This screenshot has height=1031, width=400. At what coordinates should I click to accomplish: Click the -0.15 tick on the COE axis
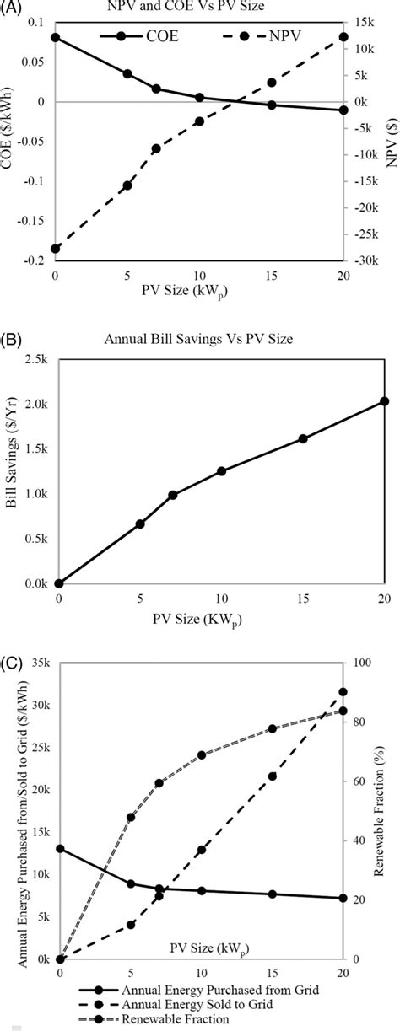34,221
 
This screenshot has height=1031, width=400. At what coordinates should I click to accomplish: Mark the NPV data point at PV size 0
56,249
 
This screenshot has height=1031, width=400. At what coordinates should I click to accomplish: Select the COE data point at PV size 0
56,38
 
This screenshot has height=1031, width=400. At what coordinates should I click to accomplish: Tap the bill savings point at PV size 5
140,524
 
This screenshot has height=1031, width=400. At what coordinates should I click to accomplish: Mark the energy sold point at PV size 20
343,692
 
